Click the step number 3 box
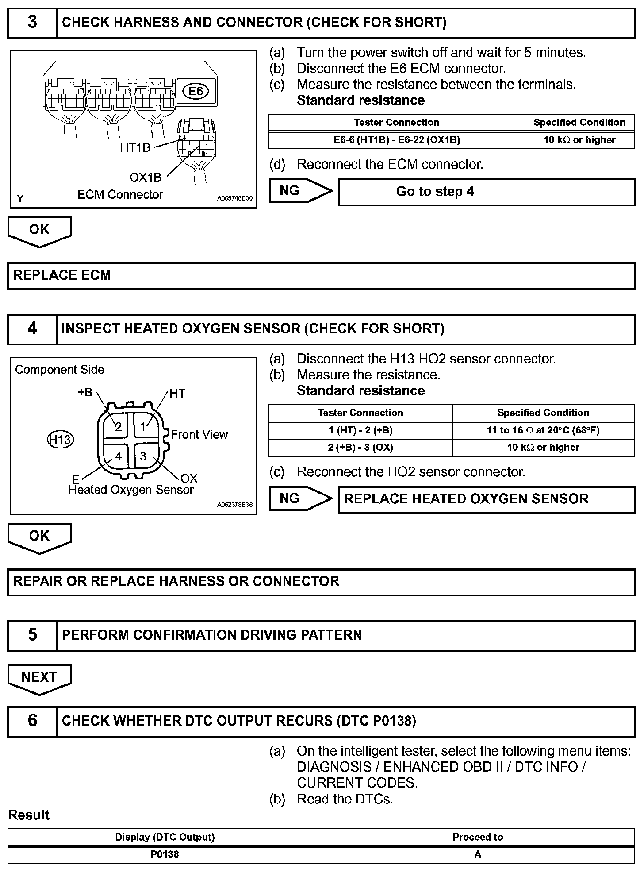coord(32,23)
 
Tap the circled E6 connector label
coord(195,91)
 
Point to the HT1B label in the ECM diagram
coord(135,148)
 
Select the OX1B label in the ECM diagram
coord(145,178)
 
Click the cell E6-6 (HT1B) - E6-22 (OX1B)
coord(397,140)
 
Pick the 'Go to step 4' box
coord(486,192)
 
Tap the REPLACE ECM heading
coord(62,275)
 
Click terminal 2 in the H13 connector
coord(118,427)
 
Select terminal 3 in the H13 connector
coord(143,456)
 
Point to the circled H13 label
coord(60,440)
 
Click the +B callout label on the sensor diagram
coord(85,392)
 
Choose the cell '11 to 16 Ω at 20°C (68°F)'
coord(543,430)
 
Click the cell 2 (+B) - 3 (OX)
coord(360,448)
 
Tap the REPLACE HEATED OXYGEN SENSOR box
coord(486,499)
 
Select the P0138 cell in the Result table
coord(165,854)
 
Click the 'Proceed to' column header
coord(478,837)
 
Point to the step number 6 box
coord(32,720)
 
